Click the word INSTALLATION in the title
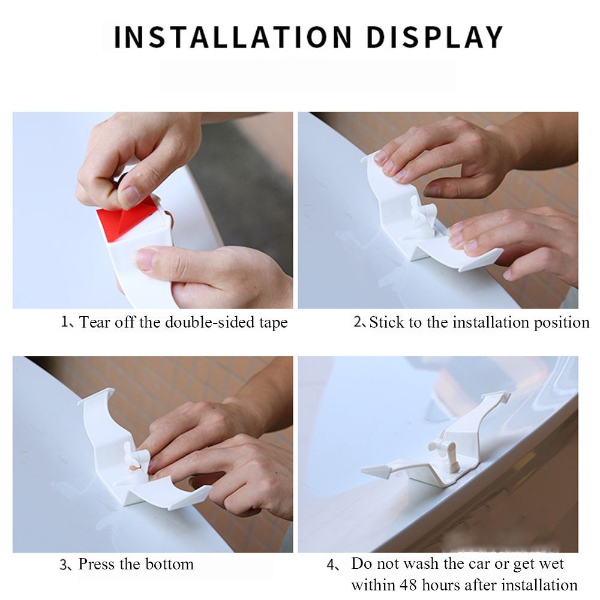pyautogui.click(x=233, y=37)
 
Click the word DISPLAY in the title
pyautogui.click(x=434, y=37)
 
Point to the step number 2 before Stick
pyautogui.click(x=358, y=322)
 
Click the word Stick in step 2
pyautogui.click(x=386, y=322)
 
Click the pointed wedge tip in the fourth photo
pyautogui.click(x=362, y=470)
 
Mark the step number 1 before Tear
pyautogui.click(x=64, y=322)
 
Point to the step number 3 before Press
pyautogui.click(x=64, y=565)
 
